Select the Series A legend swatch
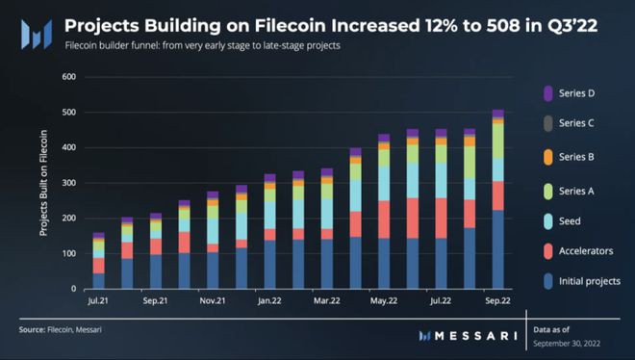click(547, 191)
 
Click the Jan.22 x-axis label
click(269, 300)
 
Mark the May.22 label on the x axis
click(384, 300)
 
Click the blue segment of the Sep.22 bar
click(497, 249)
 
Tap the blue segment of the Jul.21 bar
click(98, 280)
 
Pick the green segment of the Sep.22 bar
click(497, 141)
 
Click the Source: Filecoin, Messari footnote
click(62, 330)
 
